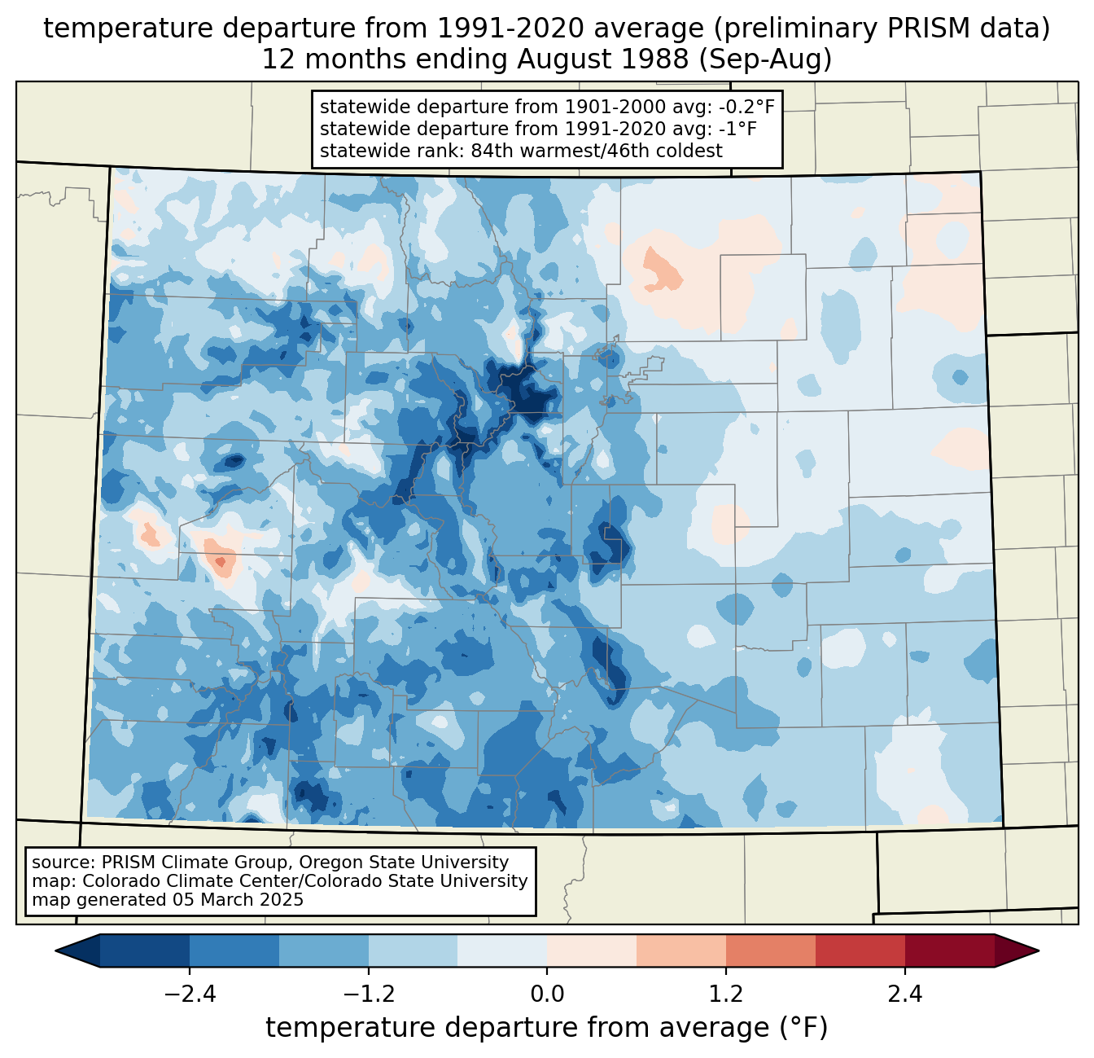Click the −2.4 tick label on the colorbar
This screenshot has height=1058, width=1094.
coord(190,994)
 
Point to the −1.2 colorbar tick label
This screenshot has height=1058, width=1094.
coord(368,994)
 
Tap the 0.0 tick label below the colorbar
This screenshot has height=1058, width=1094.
coord(547,994)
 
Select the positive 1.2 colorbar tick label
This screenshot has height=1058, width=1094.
coord(726,994)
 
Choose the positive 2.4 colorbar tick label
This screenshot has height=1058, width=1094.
coord(904,994)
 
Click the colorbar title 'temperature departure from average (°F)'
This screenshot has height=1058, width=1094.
coord(547,1027)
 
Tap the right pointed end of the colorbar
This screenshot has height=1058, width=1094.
coord(1038,951)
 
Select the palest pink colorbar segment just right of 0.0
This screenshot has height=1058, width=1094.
coord(592,951)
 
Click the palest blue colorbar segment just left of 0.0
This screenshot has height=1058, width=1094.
coord(502,951)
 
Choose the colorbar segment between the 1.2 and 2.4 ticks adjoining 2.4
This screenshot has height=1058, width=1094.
coord(860,951)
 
